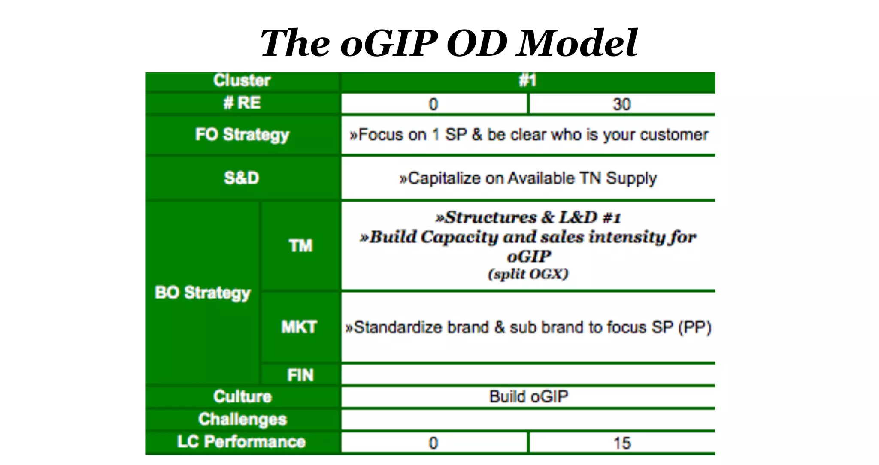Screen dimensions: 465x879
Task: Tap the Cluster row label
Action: pos(242,80)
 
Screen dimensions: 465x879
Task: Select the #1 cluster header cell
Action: pos(527,80)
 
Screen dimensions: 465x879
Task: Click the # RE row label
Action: pos(242,103)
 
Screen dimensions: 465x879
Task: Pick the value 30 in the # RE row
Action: pos(621,104)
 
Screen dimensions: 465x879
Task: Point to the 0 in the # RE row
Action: pos(433,104)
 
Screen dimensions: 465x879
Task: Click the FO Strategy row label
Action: pos(242,134)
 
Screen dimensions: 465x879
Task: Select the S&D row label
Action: pos(242,178)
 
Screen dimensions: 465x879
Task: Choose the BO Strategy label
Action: pos(202,293)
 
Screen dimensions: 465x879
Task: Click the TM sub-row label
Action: pos(300,246)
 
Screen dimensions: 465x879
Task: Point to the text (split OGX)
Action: pos(528,274)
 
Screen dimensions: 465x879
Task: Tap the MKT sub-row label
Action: pos(299,327)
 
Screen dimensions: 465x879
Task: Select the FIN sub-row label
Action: pos(300,375)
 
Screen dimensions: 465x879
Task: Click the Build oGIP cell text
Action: pos(528,396)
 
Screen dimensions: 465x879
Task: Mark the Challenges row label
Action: pos(242,419)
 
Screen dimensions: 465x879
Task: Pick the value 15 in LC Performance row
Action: pos(621,443)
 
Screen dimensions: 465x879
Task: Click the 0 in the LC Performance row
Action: pos(433,443)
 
